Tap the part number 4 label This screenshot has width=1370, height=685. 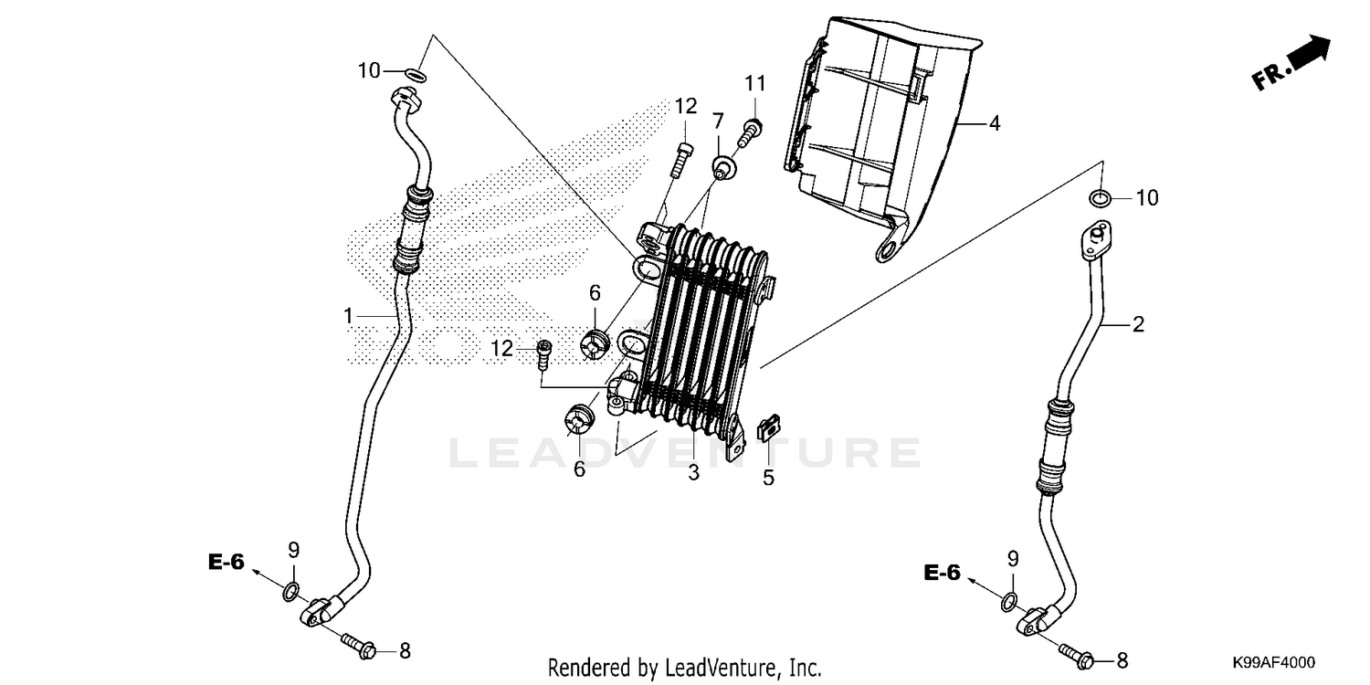point(994,122)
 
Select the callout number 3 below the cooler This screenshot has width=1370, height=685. point(693,472)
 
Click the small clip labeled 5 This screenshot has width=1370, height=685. point(769,427)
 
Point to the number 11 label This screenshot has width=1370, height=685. point(753,84)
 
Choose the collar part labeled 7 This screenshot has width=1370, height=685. point(724,166)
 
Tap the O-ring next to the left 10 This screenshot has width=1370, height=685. point(415,73)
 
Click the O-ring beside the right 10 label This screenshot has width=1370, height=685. point(1101,197)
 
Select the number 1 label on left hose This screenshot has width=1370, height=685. point(348,316)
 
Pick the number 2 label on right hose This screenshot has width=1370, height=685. point(1138,324)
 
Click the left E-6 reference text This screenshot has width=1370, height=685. point(226,563)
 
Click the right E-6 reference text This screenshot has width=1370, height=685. point(942,573)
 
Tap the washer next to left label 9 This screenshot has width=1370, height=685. point(290,592)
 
